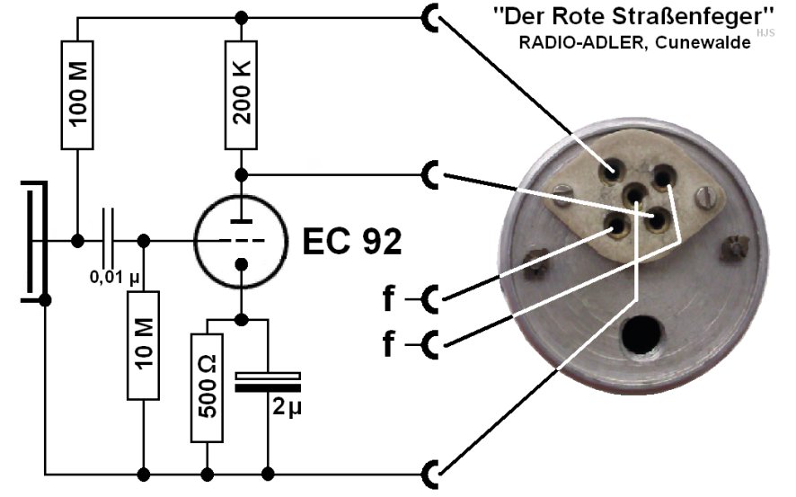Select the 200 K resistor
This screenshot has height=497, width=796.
click(x=240, y=94)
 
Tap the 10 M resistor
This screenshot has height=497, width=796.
click(x=143, y=345)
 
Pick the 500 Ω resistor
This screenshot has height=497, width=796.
click(x=208, y=386)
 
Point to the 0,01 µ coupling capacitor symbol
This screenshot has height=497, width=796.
click(x=111, y=241)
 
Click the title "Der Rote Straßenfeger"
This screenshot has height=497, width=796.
click(x=632, y=16)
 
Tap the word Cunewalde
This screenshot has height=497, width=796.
click(x=709, y=41)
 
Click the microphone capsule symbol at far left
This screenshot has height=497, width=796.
click(x=33, y=241)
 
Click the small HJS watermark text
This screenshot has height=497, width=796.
click(x=765, y=32)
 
